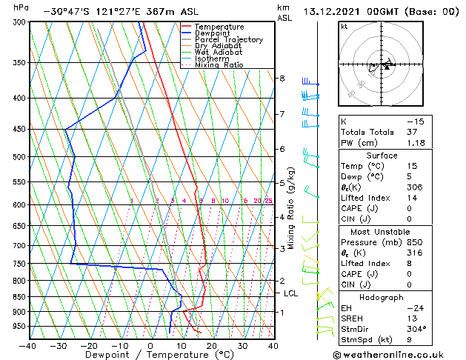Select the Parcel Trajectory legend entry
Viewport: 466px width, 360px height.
pyautogui.click(x=228, y=40)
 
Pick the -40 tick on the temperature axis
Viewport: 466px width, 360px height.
pyautogui.click(x=28, y=345)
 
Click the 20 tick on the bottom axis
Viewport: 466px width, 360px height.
pyautogui.click(x=212, y=345)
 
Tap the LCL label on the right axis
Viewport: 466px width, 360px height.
pyautogui.click(x=291, y=293)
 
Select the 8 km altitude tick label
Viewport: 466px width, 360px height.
pyautogui.click(x=282, y=79)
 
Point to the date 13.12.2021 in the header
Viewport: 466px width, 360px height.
pyautogui.click(x=338, y=12)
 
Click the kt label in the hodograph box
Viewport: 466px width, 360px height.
pyautogui.click(x=344, y=26)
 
